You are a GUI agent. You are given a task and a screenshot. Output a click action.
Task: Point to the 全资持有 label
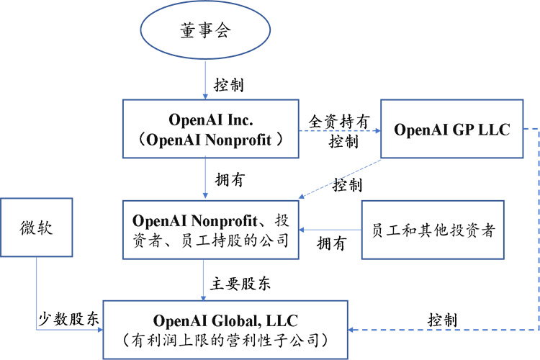(339, 122)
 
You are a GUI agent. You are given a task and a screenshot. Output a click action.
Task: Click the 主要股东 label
(240, 284)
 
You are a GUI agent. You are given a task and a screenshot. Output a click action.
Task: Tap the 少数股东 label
(68, 319)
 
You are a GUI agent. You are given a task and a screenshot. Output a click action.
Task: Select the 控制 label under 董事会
(229, 85)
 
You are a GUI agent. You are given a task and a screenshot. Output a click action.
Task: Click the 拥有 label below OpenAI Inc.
(230, 179)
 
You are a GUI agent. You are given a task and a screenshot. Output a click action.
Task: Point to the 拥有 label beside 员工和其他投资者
(331, 243)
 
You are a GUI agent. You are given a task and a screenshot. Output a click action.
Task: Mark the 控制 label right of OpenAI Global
(443, 320)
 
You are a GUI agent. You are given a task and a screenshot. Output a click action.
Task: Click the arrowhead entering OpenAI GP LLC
(378, 131)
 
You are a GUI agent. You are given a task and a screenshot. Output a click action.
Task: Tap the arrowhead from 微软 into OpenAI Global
(100, 330)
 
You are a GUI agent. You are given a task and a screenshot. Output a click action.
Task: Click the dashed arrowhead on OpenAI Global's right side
(351, 330)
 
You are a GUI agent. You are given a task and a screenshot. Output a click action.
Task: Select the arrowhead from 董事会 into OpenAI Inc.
(205, 96)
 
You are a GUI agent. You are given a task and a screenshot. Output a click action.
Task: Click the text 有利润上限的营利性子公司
(225, 341)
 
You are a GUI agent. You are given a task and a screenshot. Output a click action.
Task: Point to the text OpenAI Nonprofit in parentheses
(209, 140)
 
